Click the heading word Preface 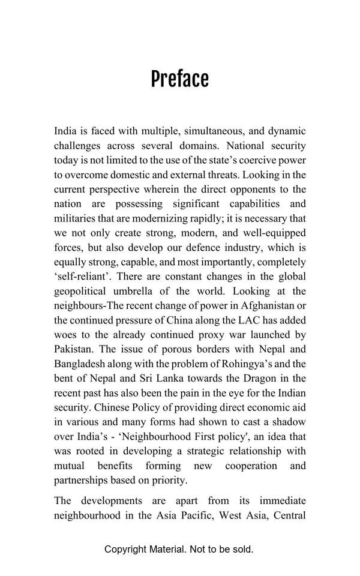point(179,79)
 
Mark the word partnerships point(83,481)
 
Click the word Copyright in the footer point(128,549)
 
